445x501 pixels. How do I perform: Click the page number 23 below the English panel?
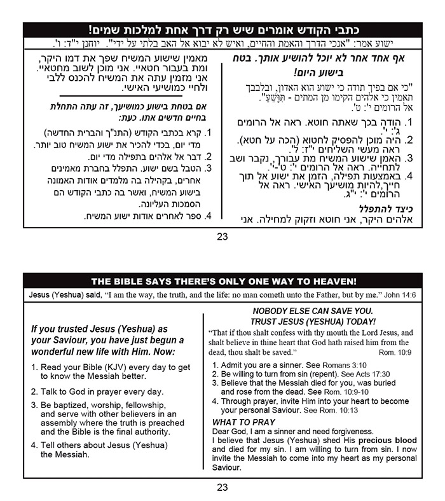point(222,488)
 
